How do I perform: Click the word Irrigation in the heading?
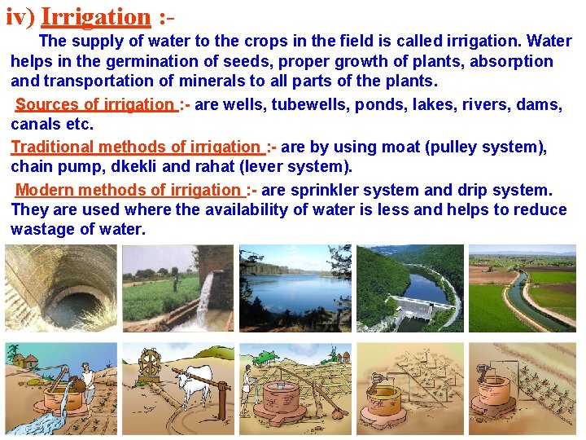(96, 16)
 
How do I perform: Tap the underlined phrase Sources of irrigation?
(94, 105)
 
